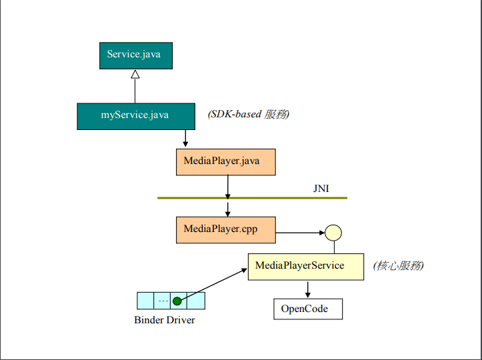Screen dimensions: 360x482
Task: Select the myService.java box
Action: (x=135, y=115)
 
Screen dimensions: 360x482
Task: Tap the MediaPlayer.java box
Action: (x=226, y=162)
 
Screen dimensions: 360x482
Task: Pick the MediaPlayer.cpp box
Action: (x=226, y=229)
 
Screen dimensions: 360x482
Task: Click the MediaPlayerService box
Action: (x=306, y=266)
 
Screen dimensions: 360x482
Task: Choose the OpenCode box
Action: (x=309, y=309)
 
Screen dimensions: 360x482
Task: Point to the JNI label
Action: (x=321, y=189)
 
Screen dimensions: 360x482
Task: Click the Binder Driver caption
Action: (x=165, y=320)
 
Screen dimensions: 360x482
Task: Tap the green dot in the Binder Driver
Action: (x=177, y=301)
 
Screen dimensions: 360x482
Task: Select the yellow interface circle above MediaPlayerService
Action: (x=333, y=233)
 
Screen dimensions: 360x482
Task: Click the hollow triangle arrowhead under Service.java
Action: (x=135, y=75)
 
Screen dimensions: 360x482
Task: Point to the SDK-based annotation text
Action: (x=249, y=114)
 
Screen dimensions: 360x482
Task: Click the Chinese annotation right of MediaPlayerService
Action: (x=399, y=265)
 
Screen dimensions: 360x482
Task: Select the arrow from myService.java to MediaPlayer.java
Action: (x=185, y=138)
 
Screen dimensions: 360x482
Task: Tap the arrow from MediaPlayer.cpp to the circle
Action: (x=300, y=233)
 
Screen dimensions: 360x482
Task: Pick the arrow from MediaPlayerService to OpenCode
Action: (x=307, y=289)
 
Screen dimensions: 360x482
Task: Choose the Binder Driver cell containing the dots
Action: (x=163, y=301)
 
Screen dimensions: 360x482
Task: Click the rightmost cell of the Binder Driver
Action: (x=196, y=301)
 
